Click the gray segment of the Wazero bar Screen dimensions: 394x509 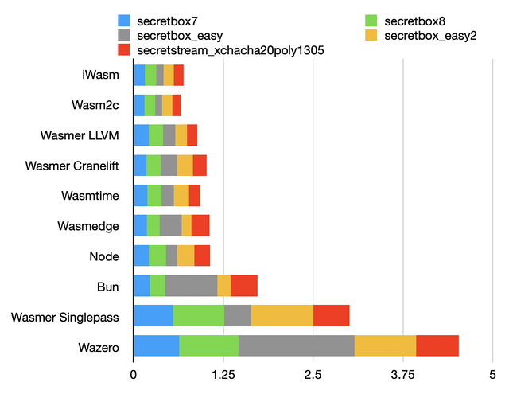(296, 346)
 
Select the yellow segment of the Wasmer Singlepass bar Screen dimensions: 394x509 (282, 316)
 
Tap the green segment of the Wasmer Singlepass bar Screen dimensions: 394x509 (198, 316)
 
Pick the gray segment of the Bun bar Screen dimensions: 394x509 (191, 286)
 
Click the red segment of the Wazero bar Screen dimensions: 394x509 (437, 346)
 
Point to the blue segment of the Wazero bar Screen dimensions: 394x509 (156, 346)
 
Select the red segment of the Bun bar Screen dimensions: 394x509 (244, 286)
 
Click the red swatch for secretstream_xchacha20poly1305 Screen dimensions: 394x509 (123, 50)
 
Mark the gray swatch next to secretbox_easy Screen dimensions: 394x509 (123, 35)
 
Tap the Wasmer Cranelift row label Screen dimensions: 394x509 (72, 166)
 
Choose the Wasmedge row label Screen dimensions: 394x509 (88, 226)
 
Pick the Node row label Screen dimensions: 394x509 (104, 256)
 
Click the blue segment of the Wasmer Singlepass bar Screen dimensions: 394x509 (153, 316)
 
